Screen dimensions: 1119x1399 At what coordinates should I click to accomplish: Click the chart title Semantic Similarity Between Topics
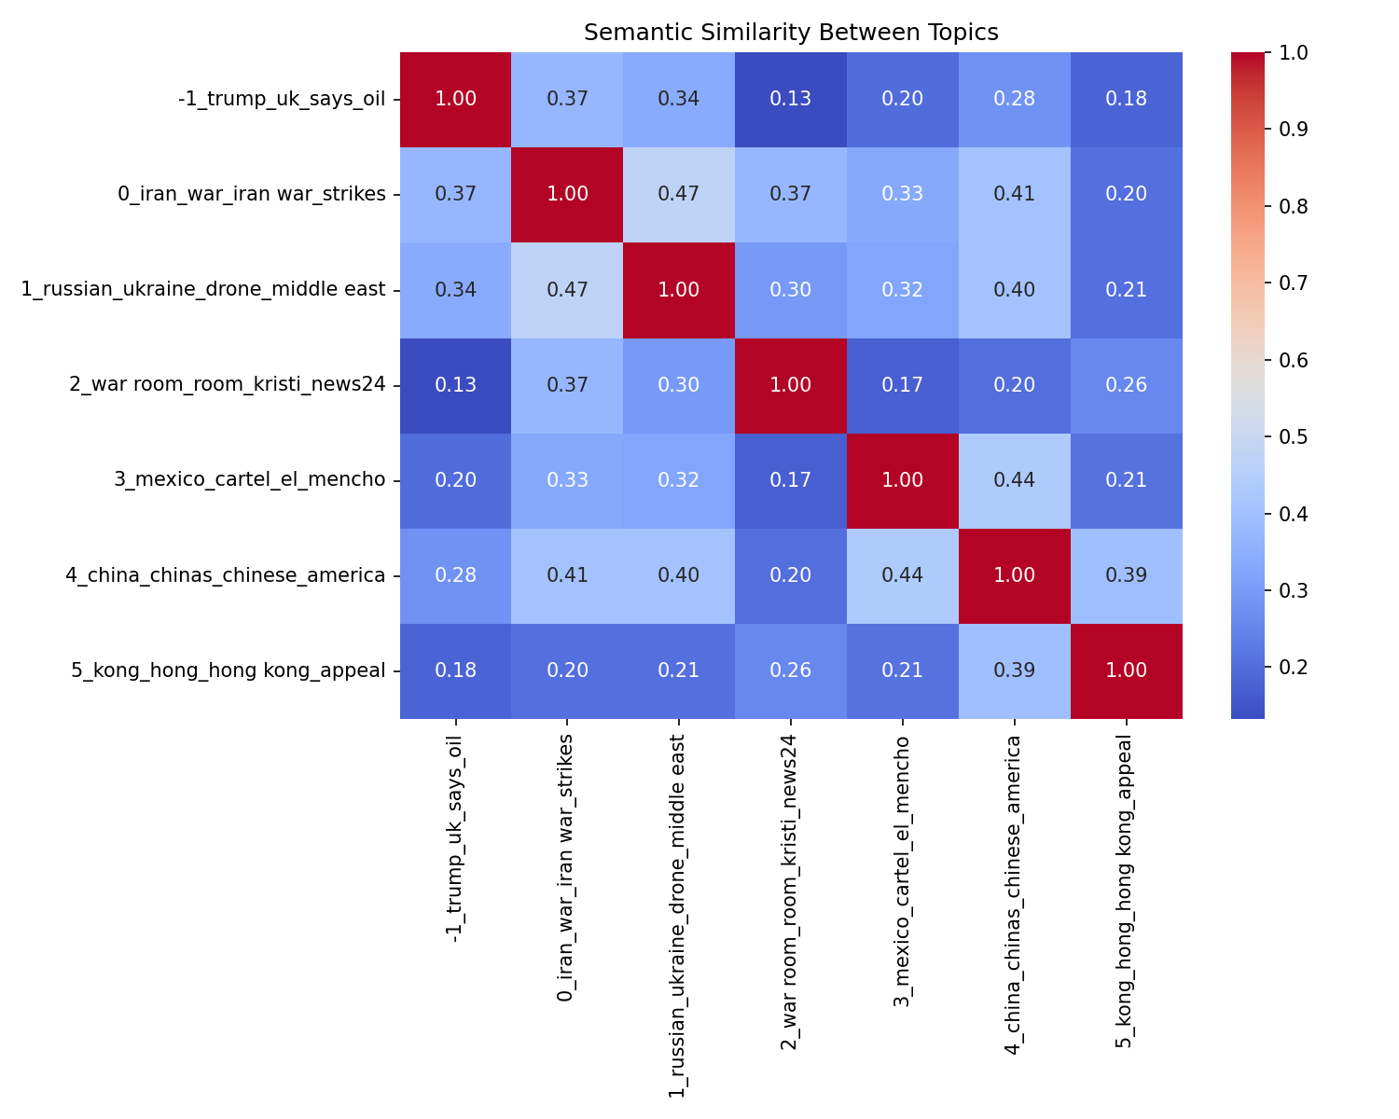point(791,33)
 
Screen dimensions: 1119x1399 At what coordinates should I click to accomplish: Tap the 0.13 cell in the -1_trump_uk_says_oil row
point(791,99)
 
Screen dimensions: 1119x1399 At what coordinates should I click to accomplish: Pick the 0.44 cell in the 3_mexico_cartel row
point(1015,479)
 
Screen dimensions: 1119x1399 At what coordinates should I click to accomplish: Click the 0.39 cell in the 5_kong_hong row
point(1015,670)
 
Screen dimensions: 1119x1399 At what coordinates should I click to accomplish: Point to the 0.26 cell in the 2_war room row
point(1127,384)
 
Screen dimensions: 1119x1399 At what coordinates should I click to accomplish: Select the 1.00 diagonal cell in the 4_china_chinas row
point(1015,574)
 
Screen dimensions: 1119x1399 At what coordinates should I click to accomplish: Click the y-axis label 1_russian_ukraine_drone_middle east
point(203,289)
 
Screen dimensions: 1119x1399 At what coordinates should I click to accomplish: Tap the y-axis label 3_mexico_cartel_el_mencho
point(250,479)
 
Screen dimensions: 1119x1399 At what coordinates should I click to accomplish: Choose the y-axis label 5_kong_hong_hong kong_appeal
point(229,670)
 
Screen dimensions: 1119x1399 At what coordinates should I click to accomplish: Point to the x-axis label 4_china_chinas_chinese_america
point(1015,896)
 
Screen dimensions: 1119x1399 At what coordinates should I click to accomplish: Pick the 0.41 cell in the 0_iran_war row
point(1015,194)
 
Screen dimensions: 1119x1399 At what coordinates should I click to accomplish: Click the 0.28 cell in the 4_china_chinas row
point(456,574)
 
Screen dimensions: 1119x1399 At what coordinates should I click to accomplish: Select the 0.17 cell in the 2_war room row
point(903,384)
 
